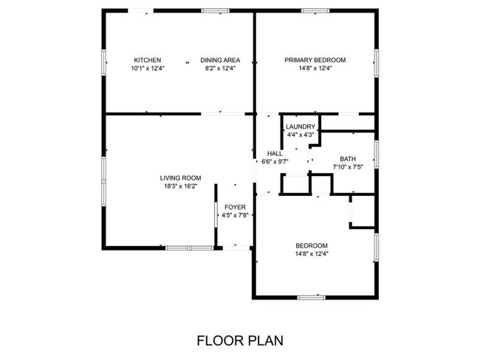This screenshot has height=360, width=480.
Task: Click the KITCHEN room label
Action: tap(147, 61)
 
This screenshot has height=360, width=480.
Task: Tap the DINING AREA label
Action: tap(219, 61)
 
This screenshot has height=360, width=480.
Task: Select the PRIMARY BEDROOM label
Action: tap(315, 61)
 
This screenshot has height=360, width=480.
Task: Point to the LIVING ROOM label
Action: tap(181, 177)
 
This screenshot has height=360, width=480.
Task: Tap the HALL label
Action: tap(275, 153)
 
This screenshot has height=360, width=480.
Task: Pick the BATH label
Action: tap(348, 159)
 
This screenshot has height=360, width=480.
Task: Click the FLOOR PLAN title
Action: tap(239, 341)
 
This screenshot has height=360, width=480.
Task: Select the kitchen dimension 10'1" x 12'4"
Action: tap(147, 69)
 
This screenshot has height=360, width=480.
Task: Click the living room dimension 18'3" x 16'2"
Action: tap(181, 186)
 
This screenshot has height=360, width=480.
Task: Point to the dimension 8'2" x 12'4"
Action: tap(219, 69)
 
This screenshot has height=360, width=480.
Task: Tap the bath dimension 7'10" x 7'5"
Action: tap(348, 167)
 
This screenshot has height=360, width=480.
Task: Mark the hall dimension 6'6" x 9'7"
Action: tap(275, 161)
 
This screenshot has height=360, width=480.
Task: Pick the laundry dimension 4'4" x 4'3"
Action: tap(301, 135)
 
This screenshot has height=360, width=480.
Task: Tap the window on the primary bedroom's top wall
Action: tap(315, 10)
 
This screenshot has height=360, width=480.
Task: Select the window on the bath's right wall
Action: tap(377, 154)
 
